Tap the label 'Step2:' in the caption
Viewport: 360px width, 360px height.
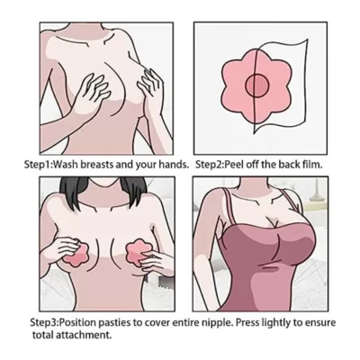[x=214, y=165]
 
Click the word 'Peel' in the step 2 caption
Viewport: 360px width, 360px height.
[x=246, y=165]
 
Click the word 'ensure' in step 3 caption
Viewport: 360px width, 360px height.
[x=343, y=322]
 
